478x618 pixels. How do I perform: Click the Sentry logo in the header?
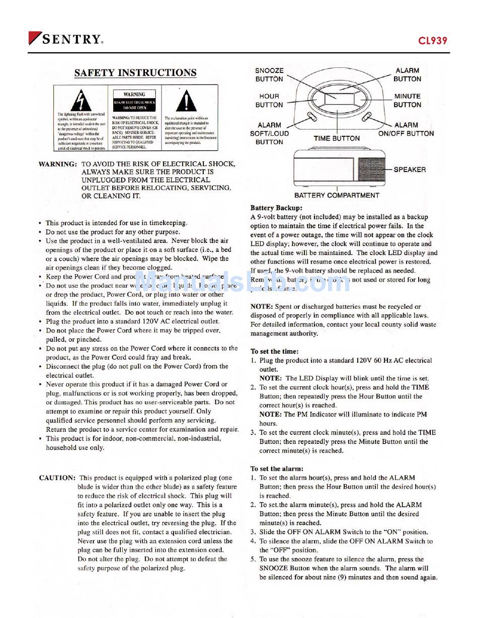pyautogui.click(x=66, y=39)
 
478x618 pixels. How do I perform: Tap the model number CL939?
pyautogui.click(x=432, y=40)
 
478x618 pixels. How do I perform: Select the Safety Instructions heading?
pyautogui.click(x=135, y=72)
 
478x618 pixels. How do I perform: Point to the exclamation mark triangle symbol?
pyautogui.click(x=186, y=101)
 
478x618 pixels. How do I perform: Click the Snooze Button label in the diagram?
pyautogui.click(x=269, y=75)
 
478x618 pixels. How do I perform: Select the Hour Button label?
pyautogui.click(x=269, y=101)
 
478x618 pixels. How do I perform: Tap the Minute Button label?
pyautogui.click(x=408, y=101)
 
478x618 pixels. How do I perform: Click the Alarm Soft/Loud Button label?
pyautogui.click(x=269, y=133)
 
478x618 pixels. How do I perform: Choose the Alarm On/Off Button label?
pyautogui.click(x=406, y=129)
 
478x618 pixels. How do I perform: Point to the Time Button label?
pyautogui.click(x=337, y=138)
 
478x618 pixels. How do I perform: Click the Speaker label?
pyautogui.click(x=410, y=169)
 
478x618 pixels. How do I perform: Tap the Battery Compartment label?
pyautogui.click(x=337, y=195)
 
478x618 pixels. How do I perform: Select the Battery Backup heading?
pyautogui.click(x=276, y=208)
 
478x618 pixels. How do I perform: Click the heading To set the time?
pyautogui.click(x=274, y=351)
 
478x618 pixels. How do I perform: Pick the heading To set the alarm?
pyautogui.click(x=277, y=469)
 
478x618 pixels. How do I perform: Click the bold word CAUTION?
pyautogui.click(x=57, y=478)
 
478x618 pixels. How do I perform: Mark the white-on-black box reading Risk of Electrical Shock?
pyautogui.click(x=134, y=105)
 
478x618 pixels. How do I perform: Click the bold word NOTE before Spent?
pyautogui.click(x=262, y=306)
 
